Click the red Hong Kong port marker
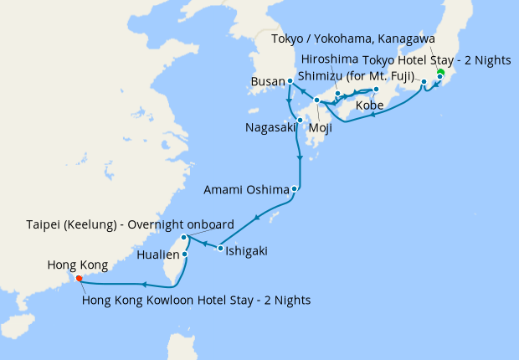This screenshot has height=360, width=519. click(78, 278)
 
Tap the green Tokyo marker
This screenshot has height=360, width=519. click(440, 71)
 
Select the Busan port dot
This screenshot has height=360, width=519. click(290, 81)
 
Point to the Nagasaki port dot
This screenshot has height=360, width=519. click(300, 120)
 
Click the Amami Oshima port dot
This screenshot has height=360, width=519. click(295, 189)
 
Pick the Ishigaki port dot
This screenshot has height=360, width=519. click(220, 248)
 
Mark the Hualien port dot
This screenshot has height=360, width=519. click(184, 254)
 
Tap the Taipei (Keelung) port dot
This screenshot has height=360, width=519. click(184, 238)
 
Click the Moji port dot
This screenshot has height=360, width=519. click(316, 101)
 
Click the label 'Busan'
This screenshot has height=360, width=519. click(268, 82)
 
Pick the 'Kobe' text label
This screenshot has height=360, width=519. click(370, 106)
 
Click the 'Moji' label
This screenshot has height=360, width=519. click(321, 128)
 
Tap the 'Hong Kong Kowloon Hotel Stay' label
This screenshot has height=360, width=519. click(197, 299)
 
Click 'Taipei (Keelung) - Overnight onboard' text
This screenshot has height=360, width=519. click(133, 225)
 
